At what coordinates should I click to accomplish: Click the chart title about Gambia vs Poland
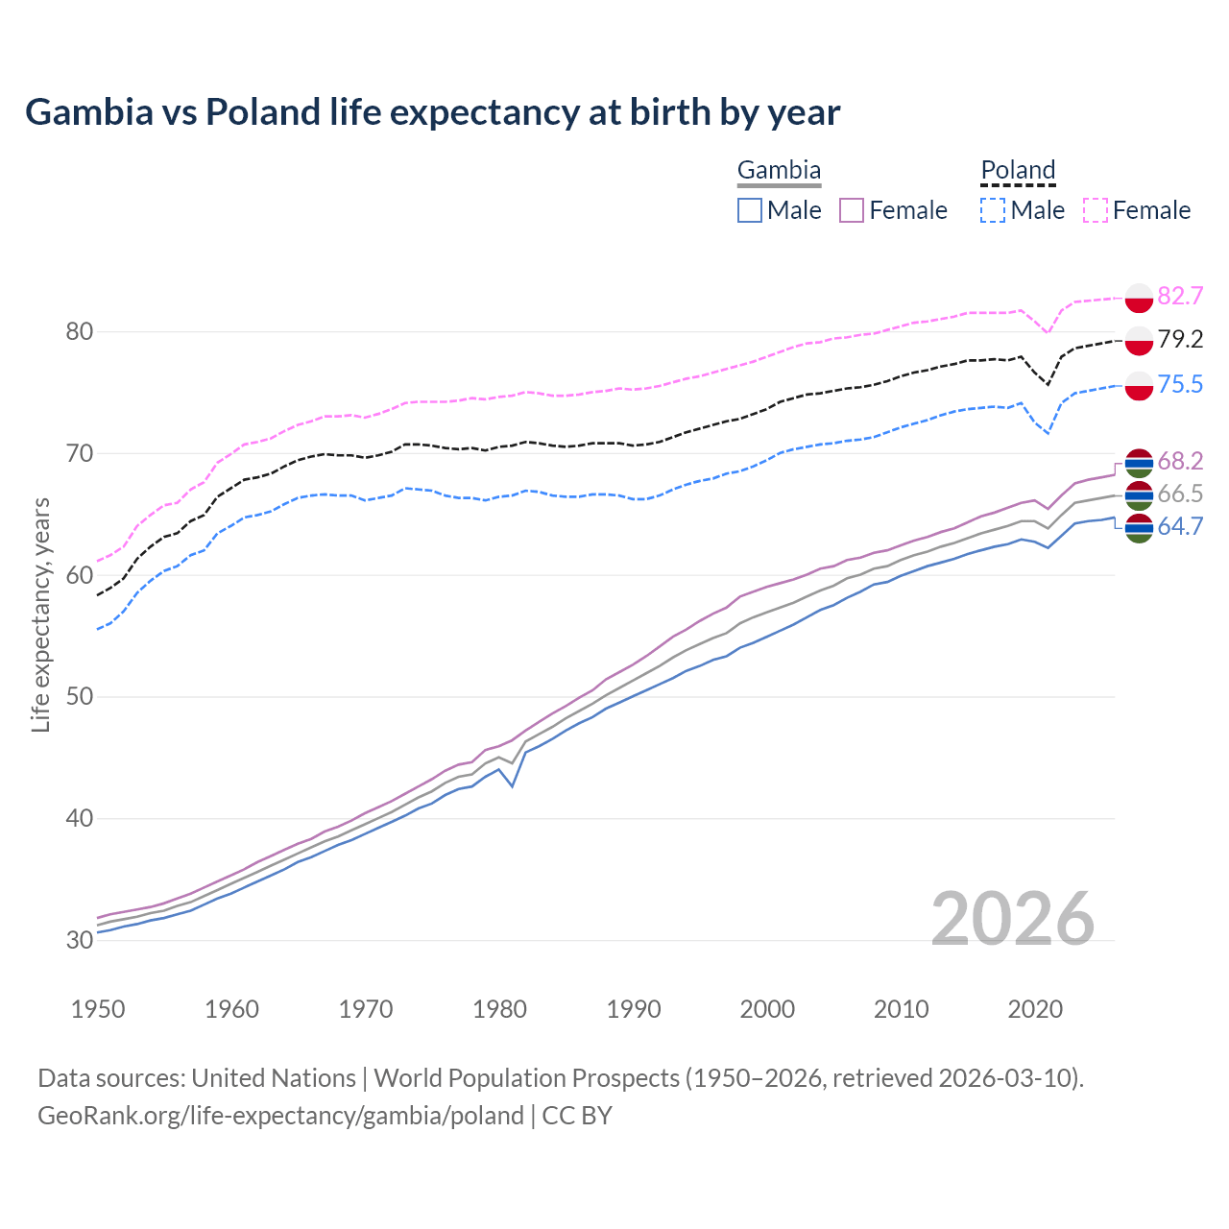(x=432, y=112)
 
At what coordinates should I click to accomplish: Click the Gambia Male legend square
(x=750, y=210)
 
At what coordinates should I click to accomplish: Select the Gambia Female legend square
(x=853, y=210)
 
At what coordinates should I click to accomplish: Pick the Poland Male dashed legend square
(x=993, y=210)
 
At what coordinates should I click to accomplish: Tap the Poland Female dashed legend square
(x=1096, y=210)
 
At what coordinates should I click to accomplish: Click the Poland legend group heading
(x=1018, y=170)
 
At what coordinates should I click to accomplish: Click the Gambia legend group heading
(x=779, y=170)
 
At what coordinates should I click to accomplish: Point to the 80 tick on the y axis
(x=80, y=332)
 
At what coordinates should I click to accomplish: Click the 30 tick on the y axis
(x=80, y=940)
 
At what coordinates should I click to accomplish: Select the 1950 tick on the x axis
(x=98, y=1009)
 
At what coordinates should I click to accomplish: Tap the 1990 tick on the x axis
(x=634, y=1009)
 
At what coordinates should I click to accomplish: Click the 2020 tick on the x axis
(x=1035, y=1009)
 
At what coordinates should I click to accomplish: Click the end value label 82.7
(x=1180, y=296)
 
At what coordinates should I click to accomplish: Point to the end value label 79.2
(x=1180, y=339)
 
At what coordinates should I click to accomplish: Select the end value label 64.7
(x=1180, y=526)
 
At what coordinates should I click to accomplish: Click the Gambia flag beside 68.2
(x=1139, y=463)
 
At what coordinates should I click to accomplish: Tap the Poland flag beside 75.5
(x=1139, y=385)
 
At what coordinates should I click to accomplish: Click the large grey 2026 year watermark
(x=1013, y=919)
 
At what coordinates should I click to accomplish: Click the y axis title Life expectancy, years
(x=41, y=614)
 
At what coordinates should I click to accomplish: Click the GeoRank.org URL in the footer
(x=280, y=1116)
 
